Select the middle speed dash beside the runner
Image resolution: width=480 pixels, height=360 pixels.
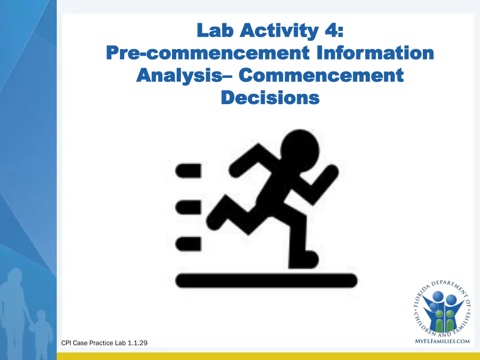click(x=188, y=206)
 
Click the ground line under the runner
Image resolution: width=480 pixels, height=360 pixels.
click(x=266, y=281)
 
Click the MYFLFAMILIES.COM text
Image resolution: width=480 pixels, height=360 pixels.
click(x=442, y=341)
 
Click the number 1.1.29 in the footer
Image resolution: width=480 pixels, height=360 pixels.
click(x=137, y=343)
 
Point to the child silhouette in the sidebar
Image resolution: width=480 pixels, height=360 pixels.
click(x=41, y=328)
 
